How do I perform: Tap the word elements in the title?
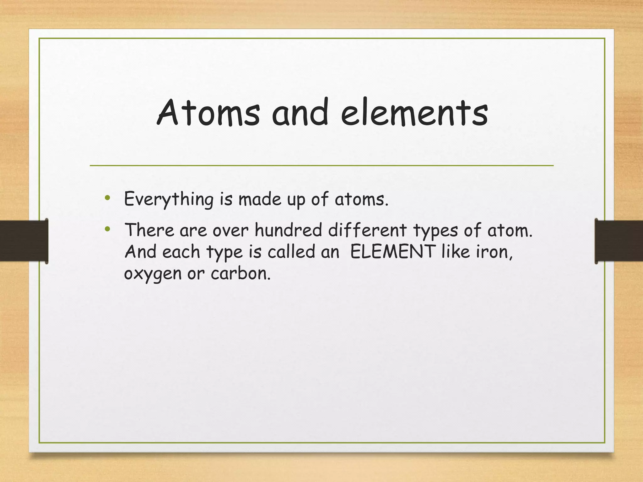click(x=414, y=113)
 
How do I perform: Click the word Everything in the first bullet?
click(x=169, y=200)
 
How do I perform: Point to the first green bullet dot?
click(x=108, y=198)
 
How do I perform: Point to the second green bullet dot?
click(x=108, y=229)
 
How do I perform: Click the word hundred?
click(x=288, y=230)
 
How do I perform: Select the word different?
click(x=368, y=230)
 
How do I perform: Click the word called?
click(x=291, y=252)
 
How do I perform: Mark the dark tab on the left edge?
click(x=24, y=241)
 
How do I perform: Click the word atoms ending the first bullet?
click(x=361, y=200)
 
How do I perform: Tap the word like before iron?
click(x=455, y=252)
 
